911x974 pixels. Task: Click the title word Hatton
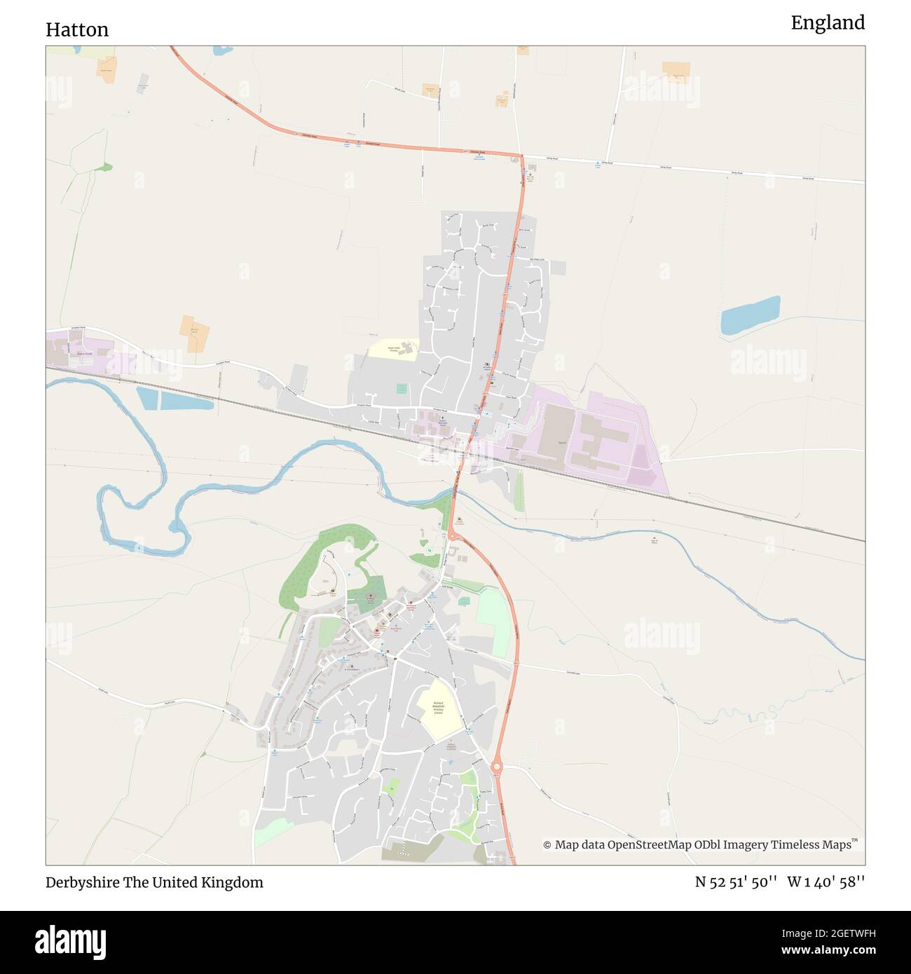click(x=77, y=29)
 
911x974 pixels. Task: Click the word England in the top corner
click(x=828, y=23)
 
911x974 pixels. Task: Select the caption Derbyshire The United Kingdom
click(x=154, y=882)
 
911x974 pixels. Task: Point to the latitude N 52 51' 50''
click(x=735, y=882)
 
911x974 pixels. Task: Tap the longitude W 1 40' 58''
click(x=826, y=882)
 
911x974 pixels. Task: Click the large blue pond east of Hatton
click(x=750, y=315)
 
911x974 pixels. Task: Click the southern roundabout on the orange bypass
click(x=497, y=767)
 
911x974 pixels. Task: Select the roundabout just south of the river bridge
click(x=453, y=536)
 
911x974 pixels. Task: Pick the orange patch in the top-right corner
click(x=676, y=71)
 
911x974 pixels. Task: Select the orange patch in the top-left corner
click(x=107, y=69)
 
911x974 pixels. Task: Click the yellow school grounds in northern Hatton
click(x=394, y=348)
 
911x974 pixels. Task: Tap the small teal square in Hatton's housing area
click(x=402, y=388)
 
